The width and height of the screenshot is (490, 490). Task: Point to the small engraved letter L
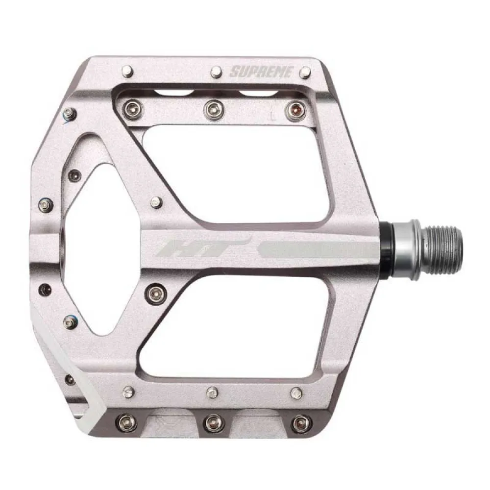271,118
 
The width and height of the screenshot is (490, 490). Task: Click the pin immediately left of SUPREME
216,73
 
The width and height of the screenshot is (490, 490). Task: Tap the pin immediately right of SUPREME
305,73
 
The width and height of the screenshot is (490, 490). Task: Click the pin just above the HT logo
156,202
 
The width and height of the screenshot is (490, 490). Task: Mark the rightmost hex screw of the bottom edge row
299,422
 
